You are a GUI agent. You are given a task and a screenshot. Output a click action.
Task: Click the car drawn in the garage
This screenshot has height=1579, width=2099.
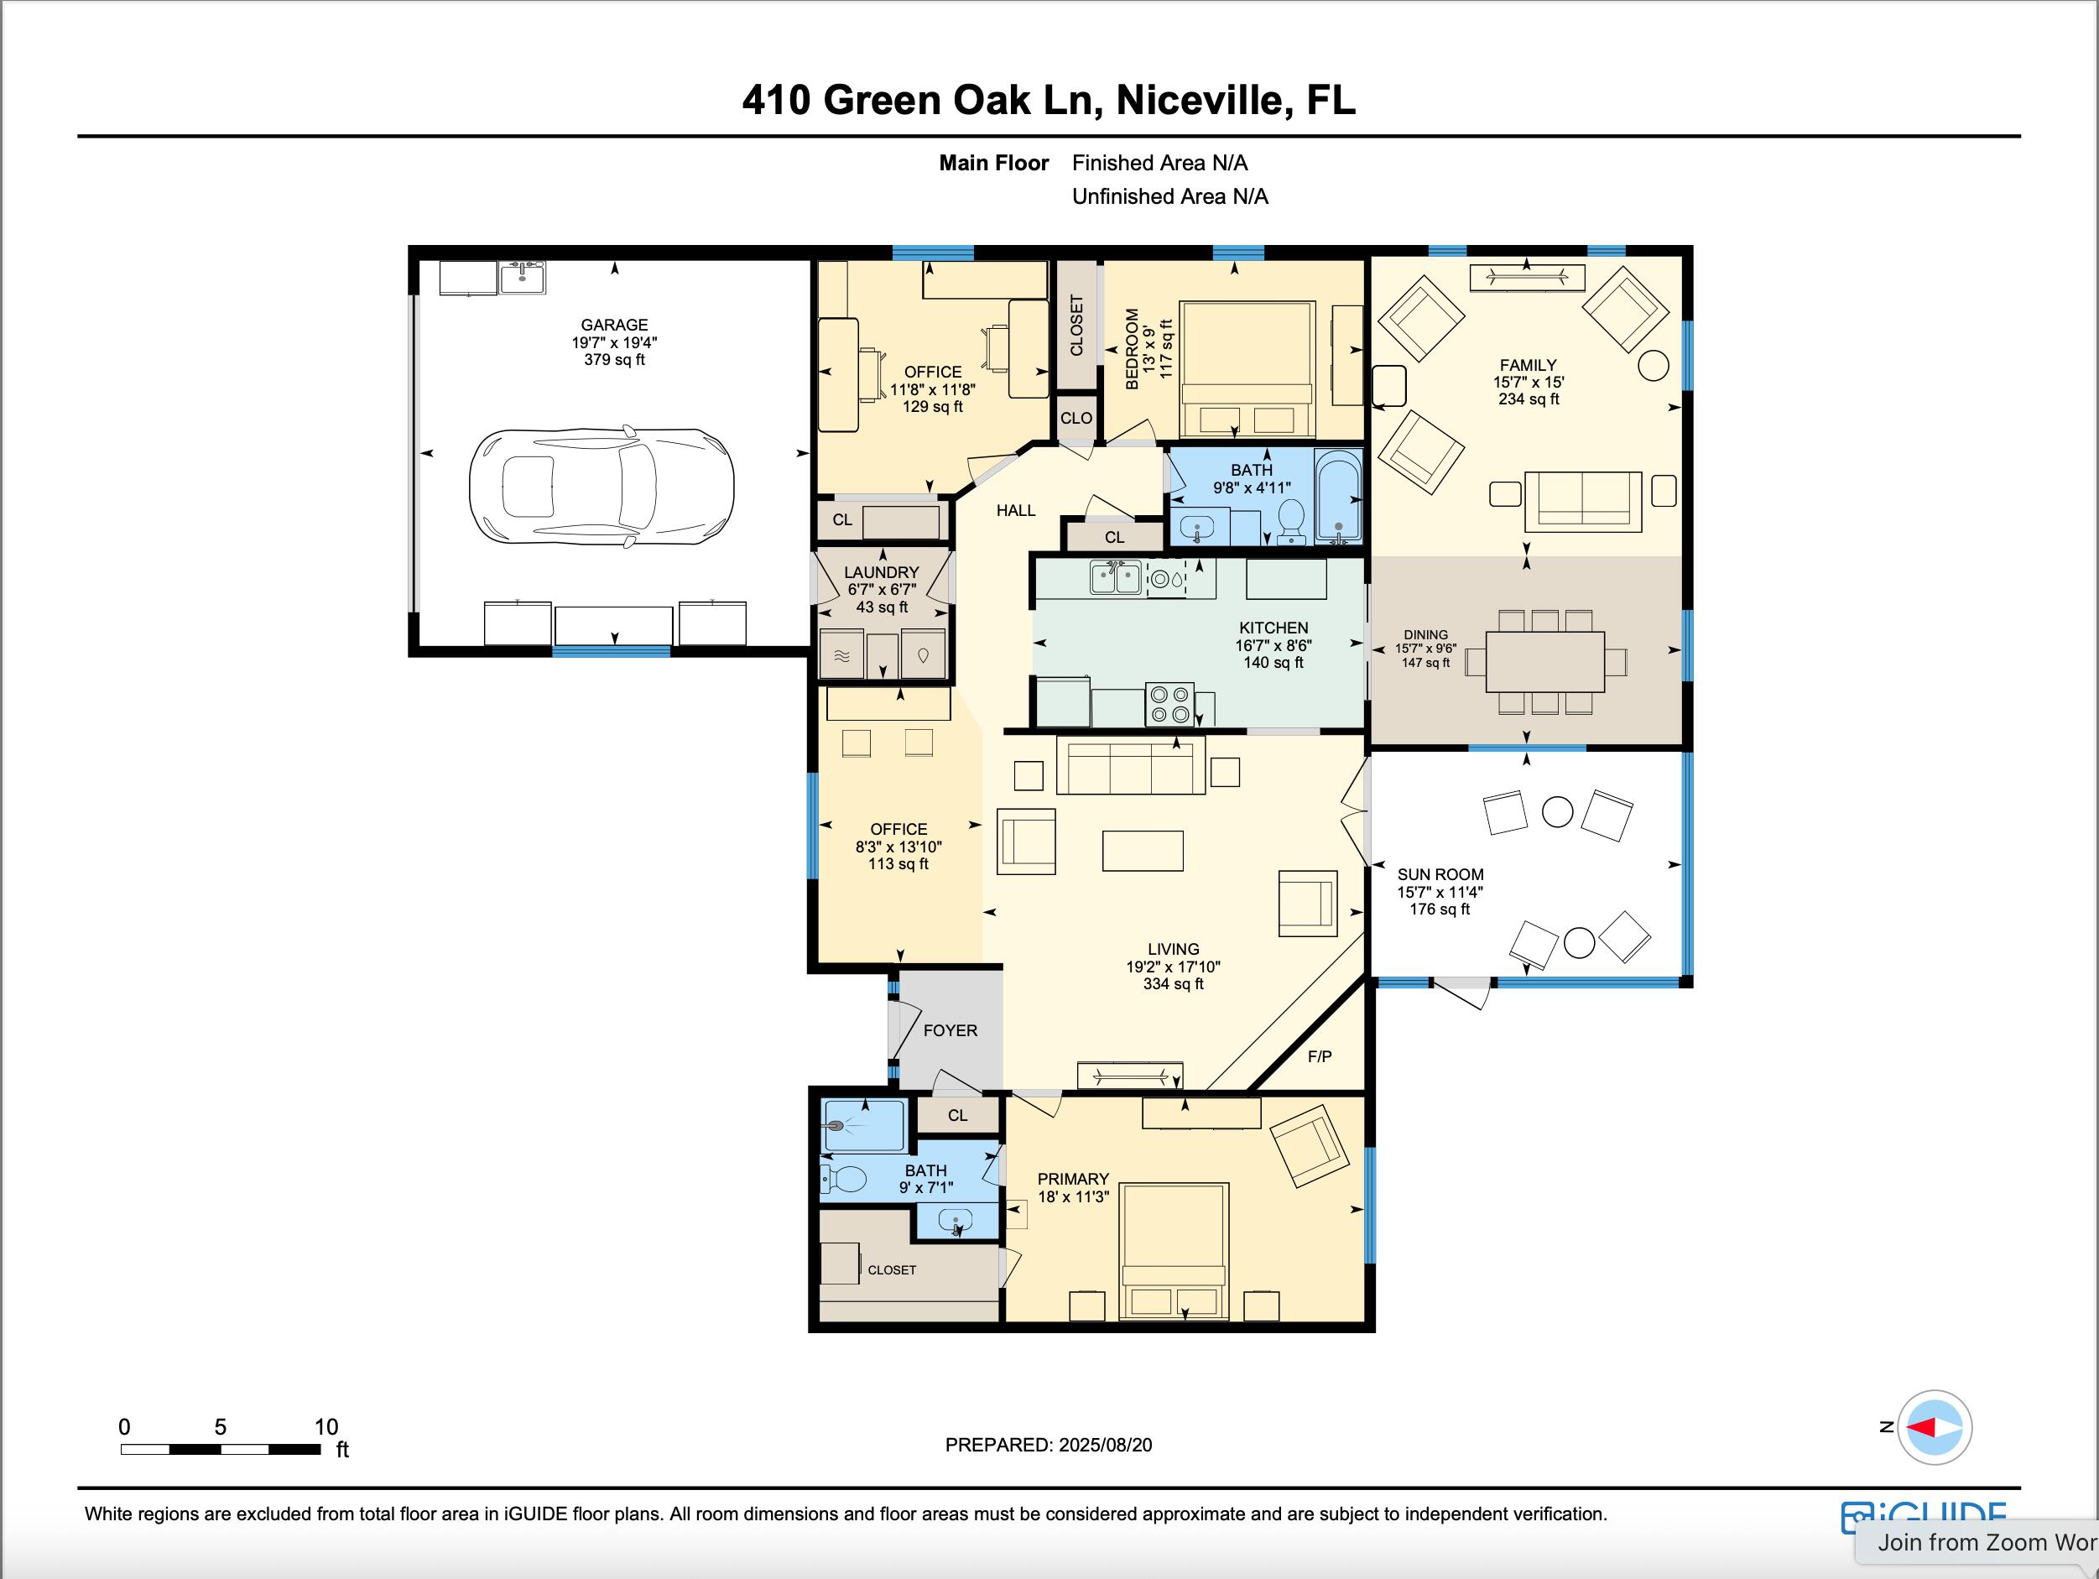602,486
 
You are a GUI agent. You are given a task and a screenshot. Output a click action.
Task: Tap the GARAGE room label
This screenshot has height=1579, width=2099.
614,325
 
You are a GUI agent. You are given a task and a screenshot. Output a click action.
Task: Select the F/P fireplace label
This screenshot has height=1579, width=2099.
1319,1056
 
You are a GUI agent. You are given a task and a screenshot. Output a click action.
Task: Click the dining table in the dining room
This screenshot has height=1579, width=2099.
1544,661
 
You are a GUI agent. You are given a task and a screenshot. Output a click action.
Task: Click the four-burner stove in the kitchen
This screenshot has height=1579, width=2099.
1170,704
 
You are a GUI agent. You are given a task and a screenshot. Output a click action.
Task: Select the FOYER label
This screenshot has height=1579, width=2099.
950,1030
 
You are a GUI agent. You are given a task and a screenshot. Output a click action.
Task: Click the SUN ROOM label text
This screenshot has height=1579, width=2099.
1440,875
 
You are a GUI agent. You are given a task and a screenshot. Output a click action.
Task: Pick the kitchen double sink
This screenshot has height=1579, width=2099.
1115,577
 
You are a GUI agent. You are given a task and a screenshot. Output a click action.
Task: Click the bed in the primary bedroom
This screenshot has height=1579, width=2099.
1175,1251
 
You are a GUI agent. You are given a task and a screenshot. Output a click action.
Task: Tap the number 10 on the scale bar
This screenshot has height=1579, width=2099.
326,1426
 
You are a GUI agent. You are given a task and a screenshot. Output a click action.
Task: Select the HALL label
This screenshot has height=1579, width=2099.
1015,510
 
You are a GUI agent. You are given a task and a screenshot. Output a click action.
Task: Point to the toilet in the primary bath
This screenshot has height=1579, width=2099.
842,1180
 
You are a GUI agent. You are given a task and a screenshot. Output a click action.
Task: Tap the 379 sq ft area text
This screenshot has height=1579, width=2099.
614,360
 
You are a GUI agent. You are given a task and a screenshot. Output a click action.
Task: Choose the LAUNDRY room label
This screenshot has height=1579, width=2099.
882,572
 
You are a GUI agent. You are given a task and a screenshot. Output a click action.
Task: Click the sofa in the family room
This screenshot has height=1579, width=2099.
1583,501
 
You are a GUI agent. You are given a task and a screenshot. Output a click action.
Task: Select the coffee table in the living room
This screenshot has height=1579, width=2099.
1143,850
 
